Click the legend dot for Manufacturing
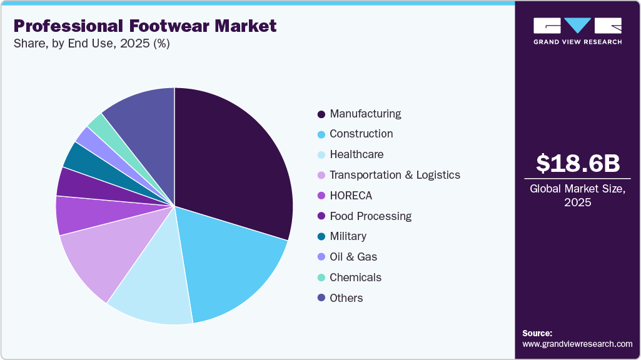click(321, 114)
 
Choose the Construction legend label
click(361, 134)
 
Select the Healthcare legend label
click(356, 154)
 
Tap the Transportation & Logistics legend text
click(395, 175)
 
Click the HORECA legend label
click(351, 196)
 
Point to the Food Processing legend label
click(370, 216)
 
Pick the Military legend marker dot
click(321, 237)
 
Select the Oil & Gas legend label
click(353, 257)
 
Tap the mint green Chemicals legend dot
click(321, 277)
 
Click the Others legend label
click(346, 298)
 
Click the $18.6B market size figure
click(578, 163)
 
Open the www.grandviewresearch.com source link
click(577, 344)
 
